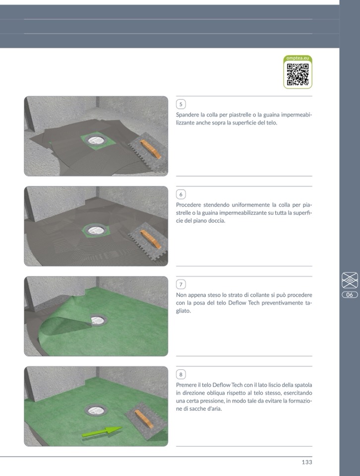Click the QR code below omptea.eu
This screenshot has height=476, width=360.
(298, 74)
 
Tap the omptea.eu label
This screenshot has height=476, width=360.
(298, 58)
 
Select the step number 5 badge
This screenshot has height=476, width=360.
(181, 104)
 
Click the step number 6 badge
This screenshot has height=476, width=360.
(181, 194)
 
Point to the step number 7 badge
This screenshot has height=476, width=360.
(181, 284)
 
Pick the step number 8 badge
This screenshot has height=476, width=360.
(181, 374)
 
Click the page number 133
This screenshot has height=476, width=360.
(307, 462)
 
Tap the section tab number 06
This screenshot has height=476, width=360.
(350, 295)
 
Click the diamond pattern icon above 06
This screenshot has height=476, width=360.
(350, 280)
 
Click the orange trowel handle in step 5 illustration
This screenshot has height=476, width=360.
(150, 148)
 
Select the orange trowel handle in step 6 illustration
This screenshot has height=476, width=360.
(150, 239)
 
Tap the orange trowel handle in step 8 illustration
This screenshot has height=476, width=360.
(144, 419)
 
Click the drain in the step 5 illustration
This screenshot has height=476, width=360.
(96, 140)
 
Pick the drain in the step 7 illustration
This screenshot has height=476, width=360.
(98, 320)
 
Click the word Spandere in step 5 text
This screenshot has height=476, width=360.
(187, 115)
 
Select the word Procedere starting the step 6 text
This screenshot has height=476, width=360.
(188, 205)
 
